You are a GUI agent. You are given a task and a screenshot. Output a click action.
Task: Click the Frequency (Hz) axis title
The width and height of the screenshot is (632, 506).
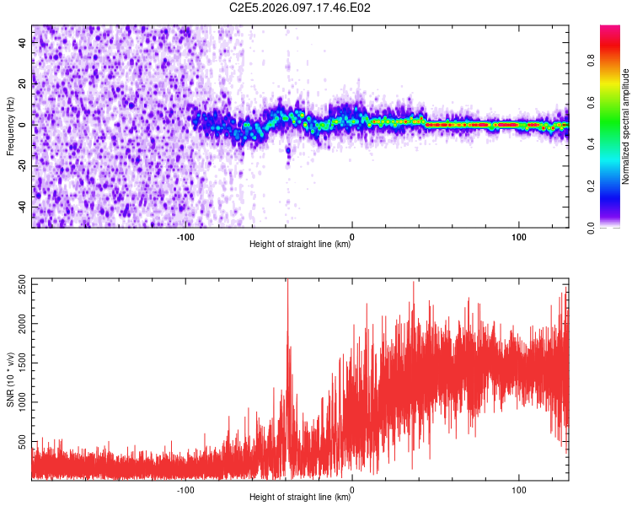click(11, 126)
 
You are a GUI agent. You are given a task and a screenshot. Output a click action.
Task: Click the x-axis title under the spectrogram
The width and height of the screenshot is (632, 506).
click(300, 245)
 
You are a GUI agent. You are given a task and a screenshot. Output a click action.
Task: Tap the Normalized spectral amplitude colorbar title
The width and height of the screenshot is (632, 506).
click(626, 126)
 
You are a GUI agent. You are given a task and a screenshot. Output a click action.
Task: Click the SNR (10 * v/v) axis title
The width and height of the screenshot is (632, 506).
click(11, 379)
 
